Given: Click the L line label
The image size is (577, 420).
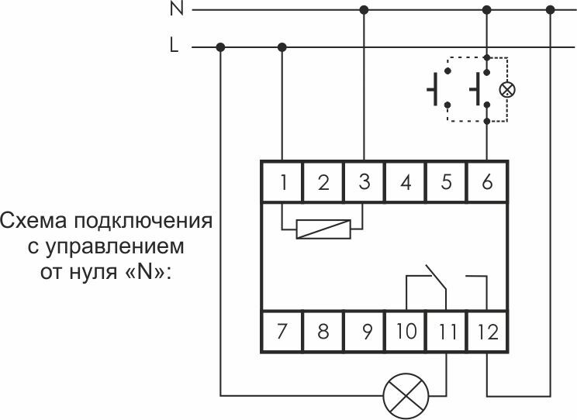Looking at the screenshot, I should click(x=174, y=46).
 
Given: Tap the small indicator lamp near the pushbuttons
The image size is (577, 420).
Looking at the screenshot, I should click(x=507, y=90).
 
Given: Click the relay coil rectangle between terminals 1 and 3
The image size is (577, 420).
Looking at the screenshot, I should click(x=323, y=230).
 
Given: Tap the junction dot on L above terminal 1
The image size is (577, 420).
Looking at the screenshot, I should click(x=282, y=47).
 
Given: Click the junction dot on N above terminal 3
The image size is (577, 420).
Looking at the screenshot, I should click(x=365, y=10).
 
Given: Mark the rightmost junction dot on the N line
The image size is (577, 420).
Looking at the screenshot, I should click(x=551, y=10).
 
